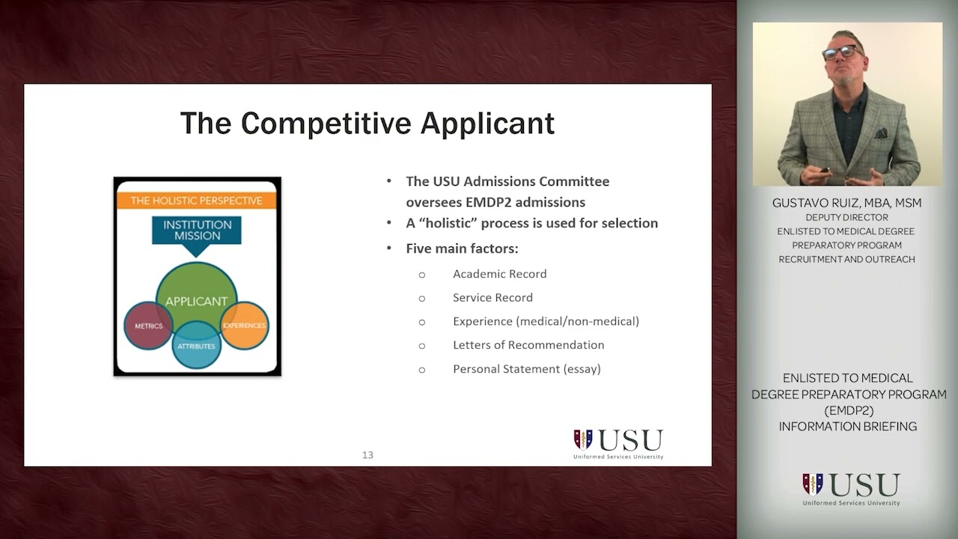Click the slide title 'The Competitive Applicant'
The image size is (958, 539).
point(367,124)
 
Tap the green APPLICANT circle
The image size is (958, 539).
point(196,292)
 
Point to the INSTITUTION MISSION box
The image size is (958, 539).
point(197,230)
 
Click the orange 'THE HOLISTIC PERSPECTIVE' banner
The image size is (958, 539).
point(197,201)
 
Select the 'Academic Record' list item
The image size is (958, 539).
point(499,274)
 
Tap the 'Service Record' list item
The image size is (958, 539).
point(492,298)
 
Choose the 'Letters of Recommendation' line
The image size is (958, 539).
point(528,345)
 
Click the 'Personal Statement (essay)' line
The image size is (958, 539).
point(526,369)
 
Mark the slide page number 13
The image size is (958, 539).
point(367,455)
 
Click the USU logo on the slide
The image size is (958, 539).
point(618,443)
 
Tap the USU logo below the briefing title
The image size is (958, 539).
point(851,488)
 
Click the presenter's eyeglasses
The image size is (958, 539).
point(840,52)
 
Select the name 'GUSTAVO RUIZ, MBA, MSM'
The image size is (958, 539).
point(846,203)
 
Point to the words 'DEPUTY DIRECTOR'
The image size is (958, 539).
point(846,217)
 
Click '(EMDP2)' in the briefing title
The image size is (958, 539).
point(848,410)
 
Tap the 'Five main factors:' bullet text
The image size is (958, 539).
point(462,249)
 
